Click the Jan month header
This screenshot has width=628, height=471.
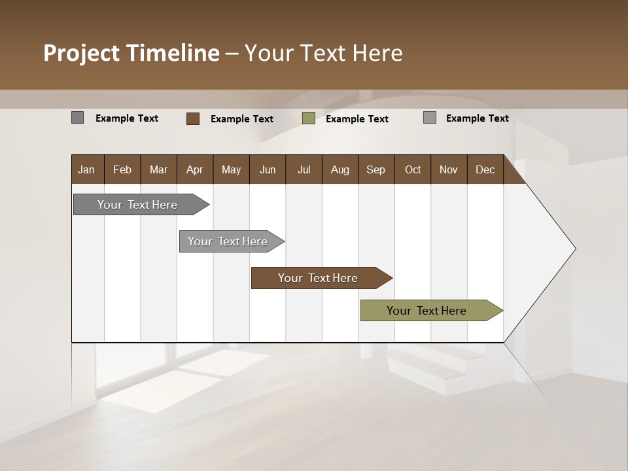[x=86, y=170]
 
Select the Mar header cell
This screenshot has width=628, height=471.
[x=158, y=170]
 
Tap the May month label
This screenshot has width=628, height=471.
[x=231, y=170]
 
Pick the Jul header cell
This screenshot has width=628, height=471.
[x=304, y=170]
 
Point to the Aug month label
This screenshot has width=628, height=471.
[x=340, y=170]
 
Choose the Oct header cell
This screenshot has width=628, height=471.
[x=412, y=170]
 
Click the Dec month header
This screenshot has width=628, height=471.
[x=485, y=170]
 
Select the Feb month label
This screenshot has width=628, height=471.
[x=122, y=170]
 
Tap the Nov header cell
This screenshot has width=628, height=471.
[x=448, y=170]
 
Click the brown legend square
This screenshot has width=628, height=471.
[x=193, y=118]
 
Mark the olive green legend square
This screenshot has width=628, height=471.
[x=309, y=118]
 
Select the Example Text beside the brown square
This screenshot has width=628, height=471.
[x=242, y=119]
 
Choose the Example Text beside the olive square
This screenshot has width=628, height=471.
[x=357, y=119]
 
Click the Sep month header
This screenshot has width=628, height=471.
[x=375, y=170]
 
